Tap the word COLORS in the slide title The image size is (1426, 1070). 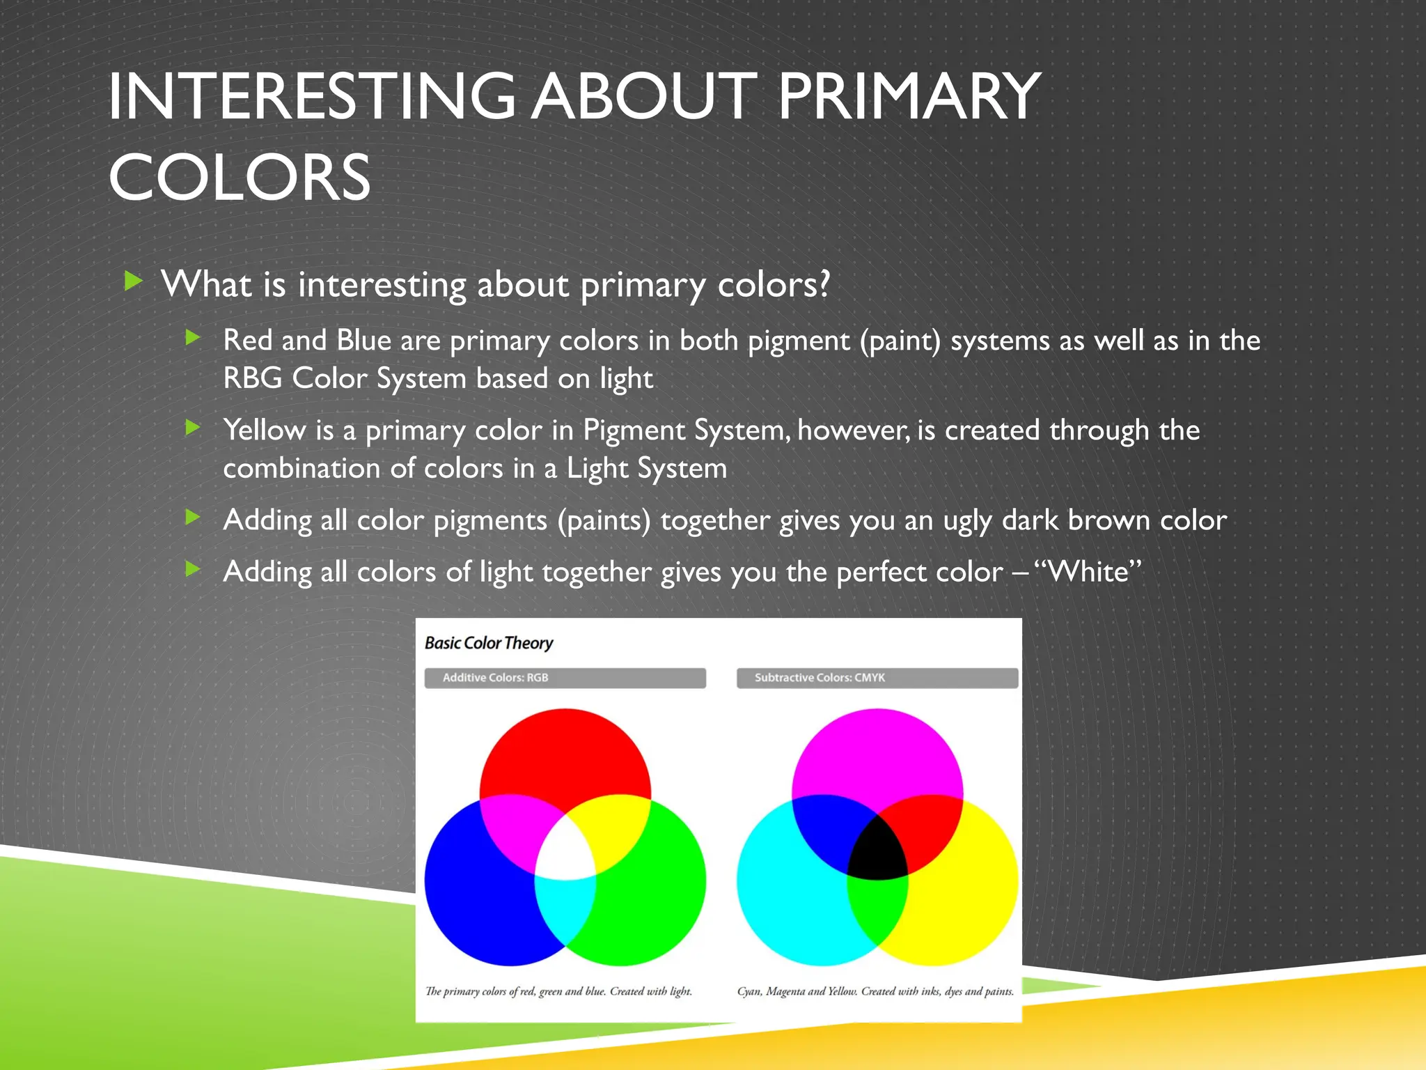point(240,178)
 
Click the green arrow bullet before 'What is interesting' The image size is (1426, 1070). point(133,281)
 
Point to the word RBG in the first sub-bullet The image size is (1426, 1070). point(252,378)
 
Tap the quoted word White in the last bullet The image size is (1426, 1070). point(1088,572)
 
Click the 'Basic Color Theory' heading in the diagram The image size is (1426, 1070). point(489,643)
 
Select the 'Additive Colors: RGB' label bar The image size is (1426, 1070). point(565,678)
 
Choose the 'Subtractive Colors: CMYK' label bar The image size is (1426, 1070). point(877,678)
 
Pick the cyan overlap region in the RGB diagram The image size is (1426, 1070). point(565,906)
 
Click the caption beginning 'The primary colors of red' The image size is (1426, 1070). point(558,991)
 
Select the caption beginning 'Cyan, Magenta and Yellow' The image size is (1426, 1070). point(875,991)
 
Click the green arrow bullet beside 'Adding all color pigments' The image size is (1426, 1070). point(194,517)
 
